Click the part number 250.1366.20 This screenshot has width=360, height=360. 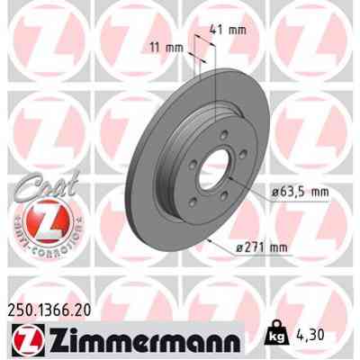(x=54, y=308)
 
